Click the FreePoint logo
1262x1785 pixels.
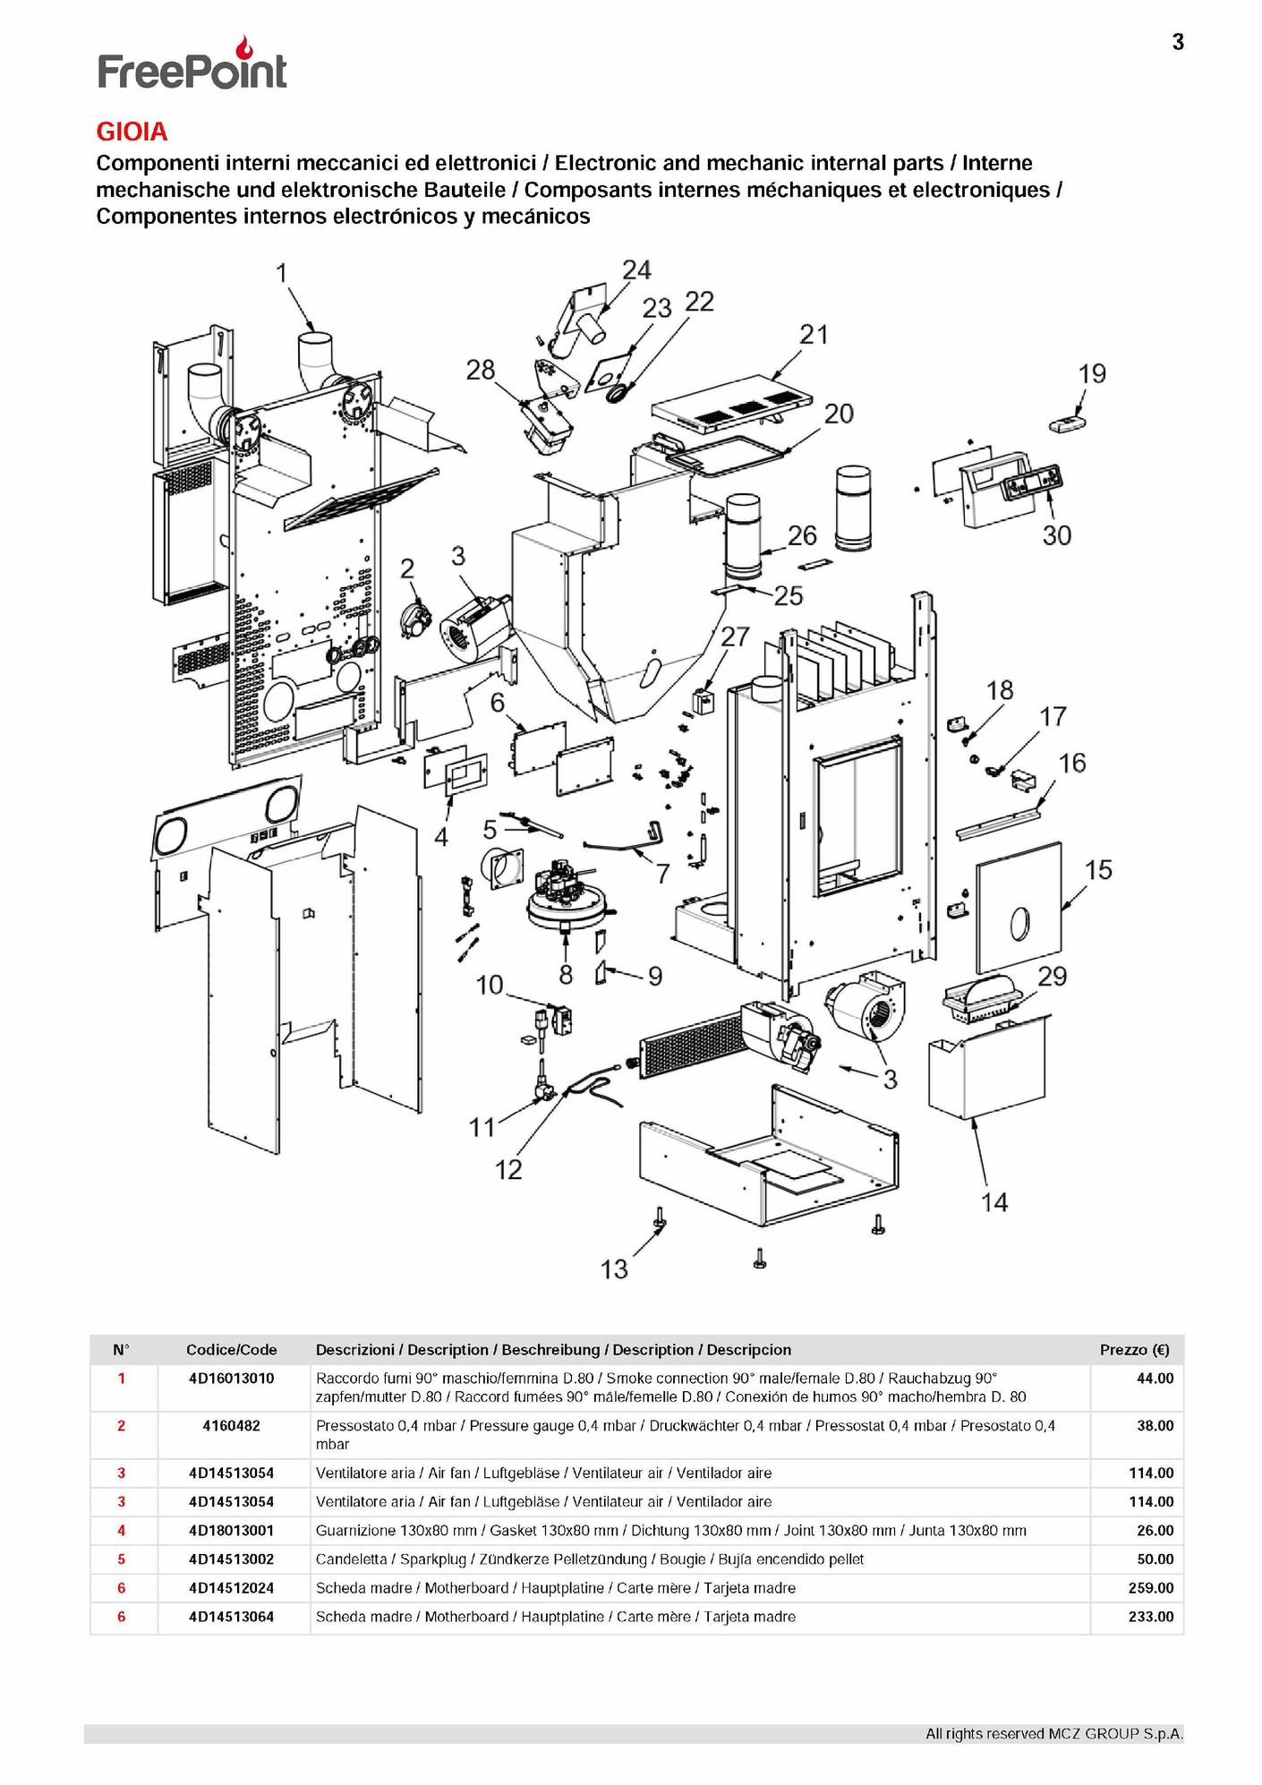(192, 64)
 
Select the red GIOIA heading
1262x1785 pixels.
(132, 132)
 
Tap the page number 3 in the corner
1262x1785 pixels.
(1178, 42)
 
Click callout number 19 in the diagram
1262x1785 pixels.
(1092, 373)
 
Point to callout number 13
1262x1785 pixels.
(614, 1268)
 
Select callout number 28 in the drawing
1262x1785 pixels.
(481, 370)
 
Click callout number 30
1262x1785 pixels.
(1056, 535)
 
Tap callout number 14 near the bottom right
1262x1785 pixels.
(994, 1202)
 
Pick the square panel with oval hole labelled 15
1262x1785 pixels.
(1019, 908)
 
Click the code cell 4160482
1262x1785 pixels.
(232, 1425)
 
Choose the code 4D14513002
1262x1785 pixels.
(232, 1559)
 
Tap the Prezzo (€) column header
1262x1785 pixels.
(1135, 1350)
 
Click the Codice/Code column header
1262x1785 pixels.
(232, 1350)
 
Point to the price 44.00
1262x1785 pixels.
(1155, 1378)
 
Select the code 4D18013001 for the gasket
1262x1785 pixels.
(232, 1530)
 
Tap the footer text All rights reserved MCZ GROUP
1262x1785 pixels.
(1054, 1734)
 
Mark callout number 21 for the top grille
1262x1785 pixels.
(814, 334)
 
